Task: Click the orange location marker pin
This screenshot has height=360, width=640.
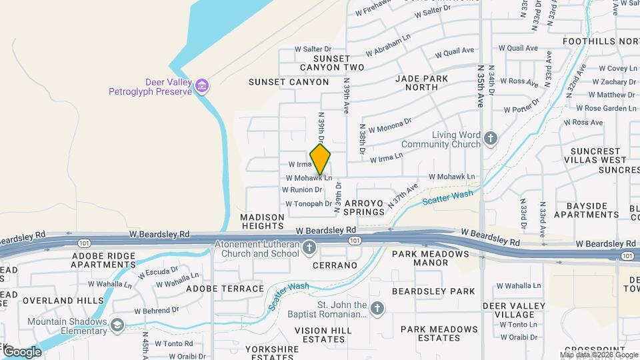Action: [321, 160]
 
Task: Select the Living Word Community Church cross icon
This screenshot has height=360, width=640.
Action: [491, 139]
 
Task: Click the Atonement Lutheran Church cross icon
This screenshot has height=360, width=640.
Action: [309, 249]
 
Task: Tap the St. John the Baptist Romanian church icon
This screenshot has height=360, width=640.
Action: [377, 309]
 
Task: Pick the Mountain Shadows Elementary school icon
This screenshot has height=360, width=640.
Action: [117, 325]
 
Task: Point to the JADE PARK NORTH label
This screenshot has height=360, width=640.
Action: [425, 83]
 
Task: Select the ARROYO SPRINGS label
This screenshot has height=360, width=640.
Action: [364, 207]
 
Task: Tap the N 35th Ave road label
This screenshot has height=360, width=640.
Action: [481, 86]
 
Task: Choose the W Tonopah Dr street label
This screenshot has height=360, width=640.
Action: [309, 203]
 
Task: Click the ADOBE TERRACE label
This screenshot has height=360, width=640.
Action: [225, 289]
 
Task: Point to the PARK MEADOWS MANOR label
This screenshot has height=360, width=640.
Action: [430, 258]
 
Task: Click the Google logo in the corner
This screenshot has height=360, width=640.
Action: [21, 352]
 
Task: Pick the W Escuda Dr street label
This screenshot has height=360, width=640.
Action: [158, 272]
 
